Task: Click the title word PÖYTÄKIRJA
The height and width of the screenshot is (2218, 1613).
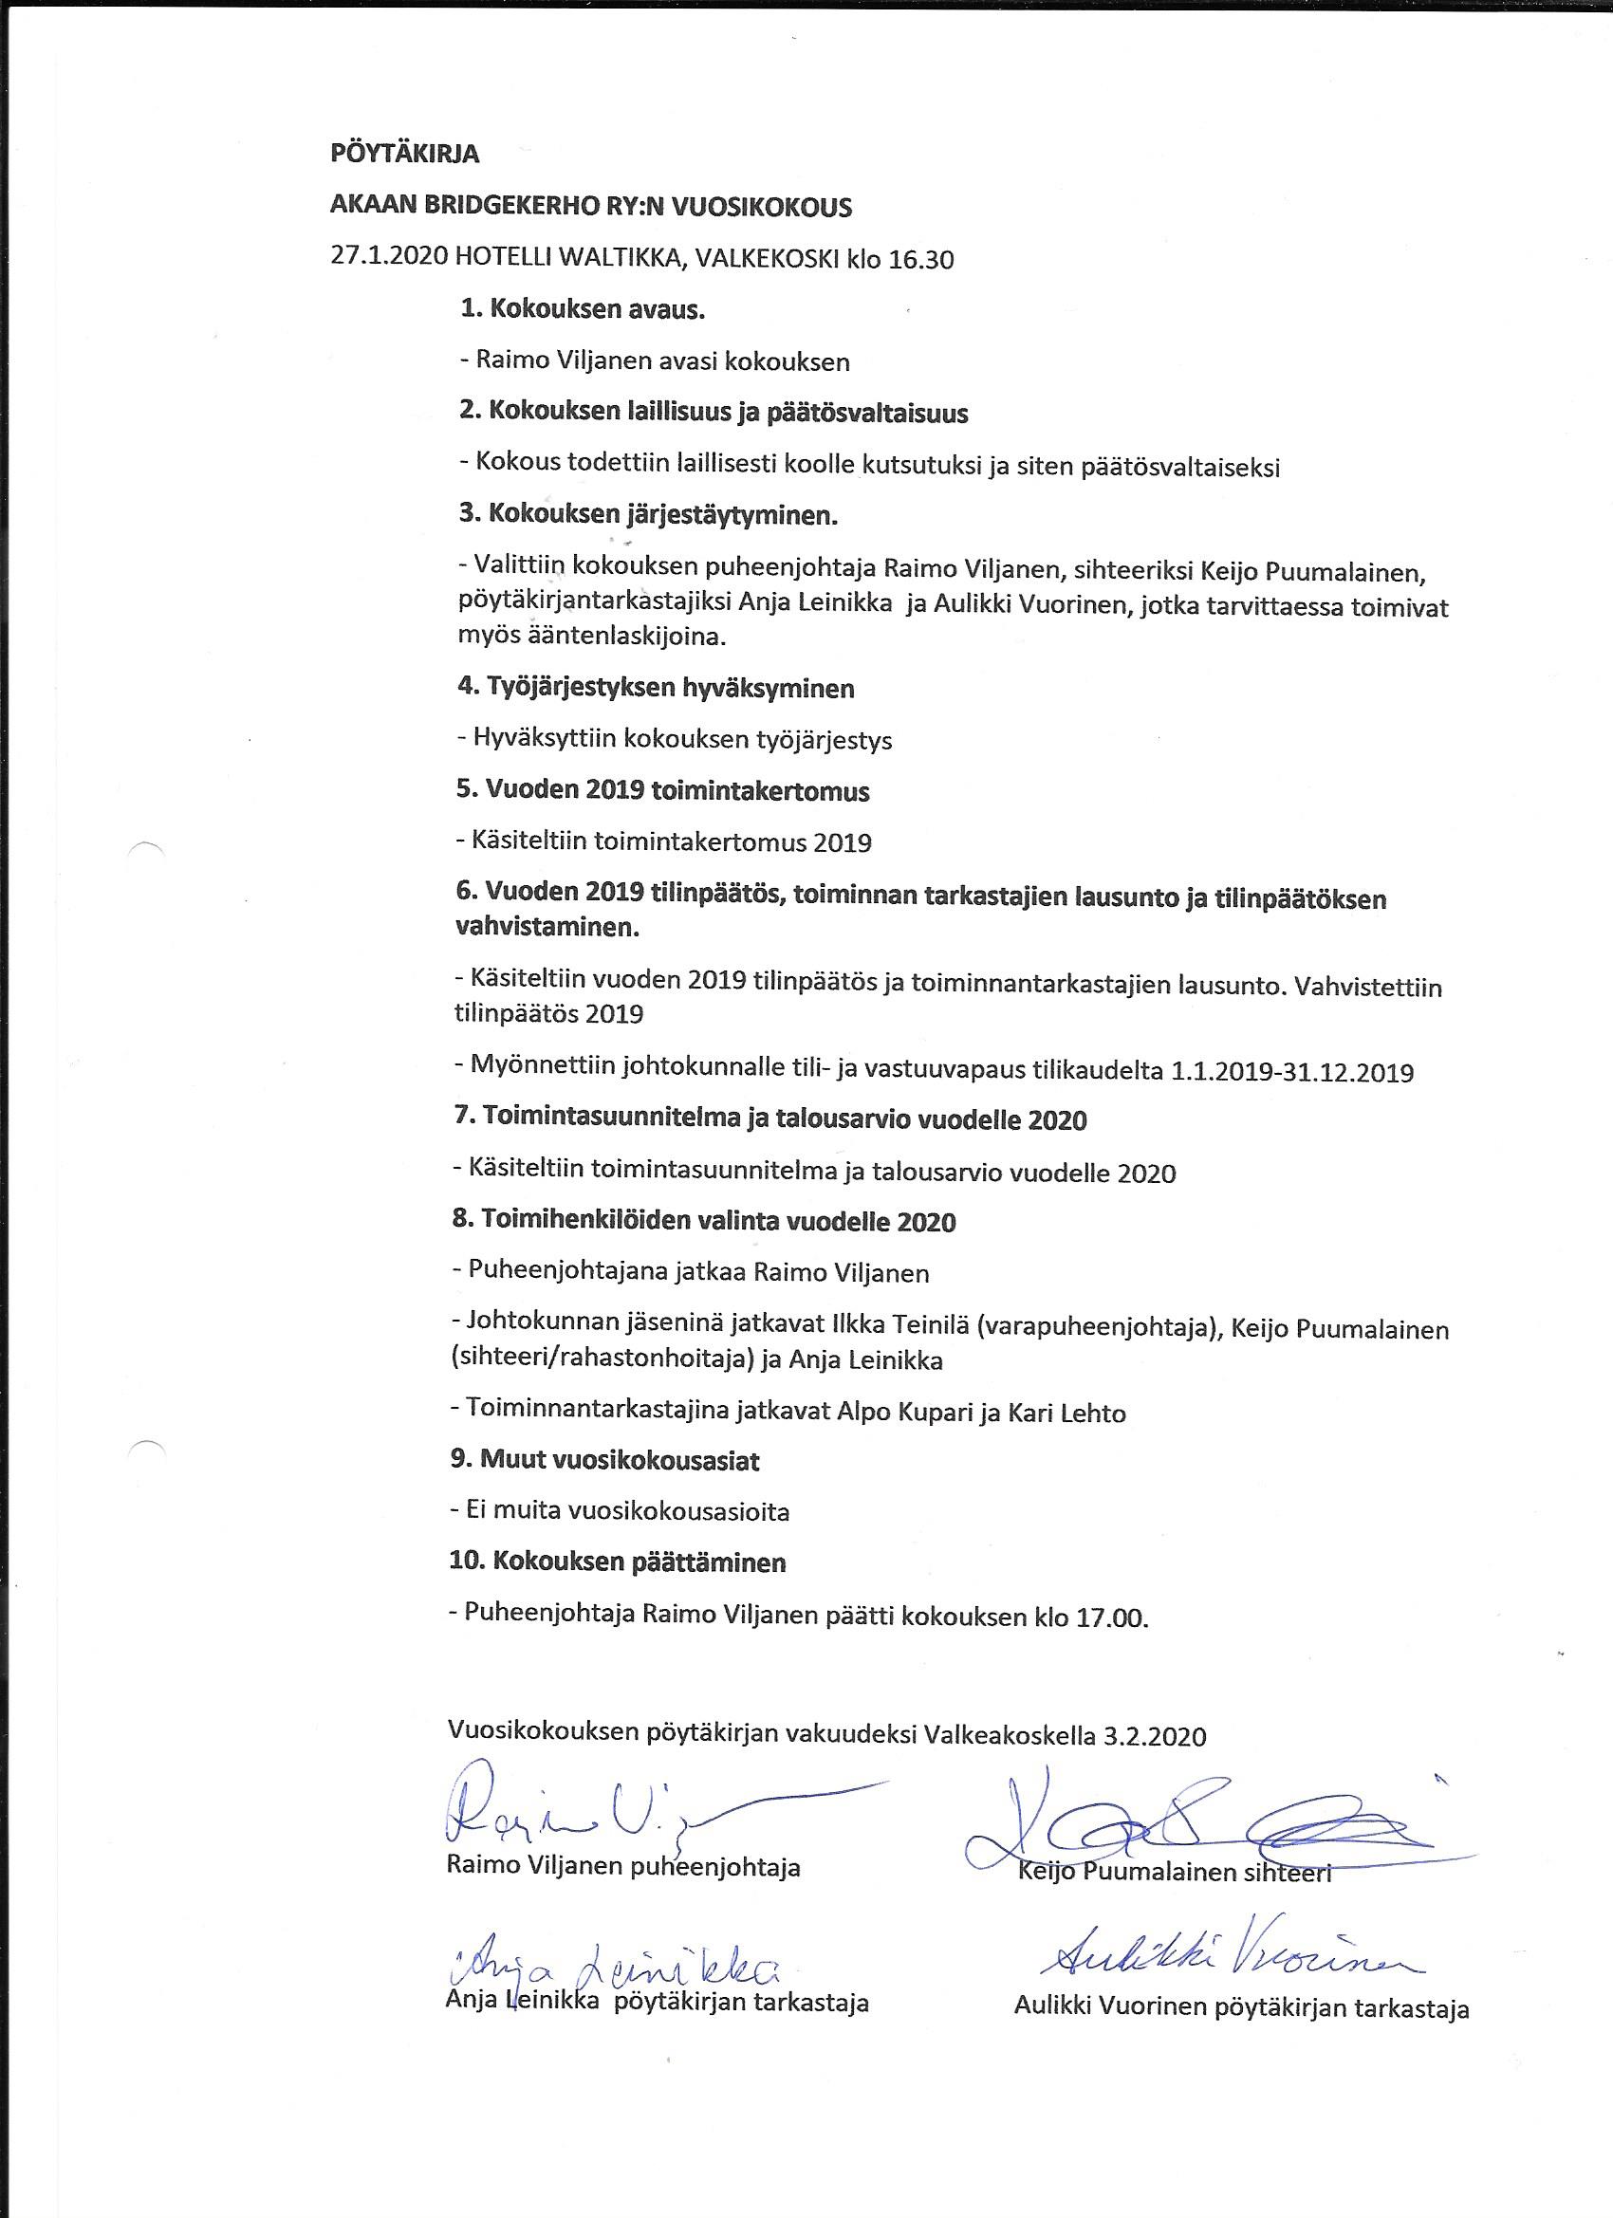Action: [x=404, y=155]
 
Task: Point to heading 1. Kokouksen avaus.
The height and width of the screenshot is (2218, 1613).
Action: [x=582, y=310]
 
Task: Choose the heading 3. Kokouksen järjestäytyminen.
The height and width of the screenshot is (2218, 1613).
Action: [x=647, y=514]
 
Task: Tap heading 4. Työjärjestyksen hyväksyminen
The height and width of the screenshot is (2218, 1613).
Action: [x=656, y=688]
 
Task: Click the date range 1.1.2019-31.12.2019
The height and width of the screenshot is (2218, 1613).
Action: [x=1291, y=1072]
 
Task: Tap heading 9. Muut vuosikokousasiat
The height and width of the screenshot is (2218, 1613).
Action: [x=604, y=1460]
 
